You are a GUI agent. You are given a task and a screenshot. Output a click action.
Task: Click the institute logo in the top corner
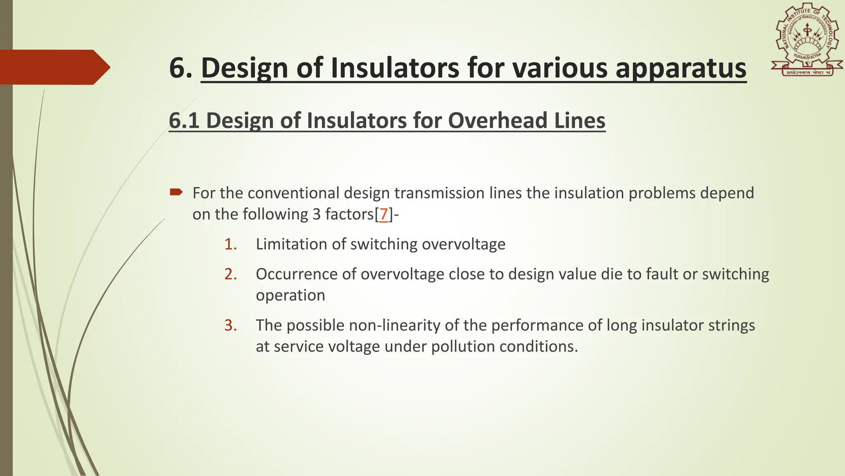tap(807, 40)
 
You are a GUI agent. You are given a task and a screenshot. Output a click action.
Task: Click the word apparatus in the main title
tap(681, 68)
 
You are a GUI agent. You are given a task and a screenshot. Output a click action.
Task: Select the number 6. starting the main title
tap(181, 68)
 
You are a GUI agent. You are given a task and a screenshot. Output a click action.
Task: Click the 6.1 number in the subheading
tap(184, 121)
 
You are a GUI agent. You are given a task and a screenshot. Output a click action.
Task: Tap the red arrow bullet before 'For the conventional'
tap(176, 192)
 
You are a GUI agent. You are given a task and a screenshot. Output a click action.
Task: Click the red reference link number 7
tap(383, 214)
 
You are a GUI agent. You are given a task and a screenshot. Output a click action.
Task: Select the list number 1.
tap(230, 244)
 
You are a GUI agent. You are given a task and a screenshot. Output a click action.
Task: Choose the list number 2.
tap(230, 274)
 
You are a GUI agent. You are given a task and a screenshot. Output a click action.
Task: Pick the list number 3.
tap(230, 326)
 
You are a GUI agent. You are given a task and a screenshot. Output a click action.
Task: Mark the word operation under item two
tap(290, 295)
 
